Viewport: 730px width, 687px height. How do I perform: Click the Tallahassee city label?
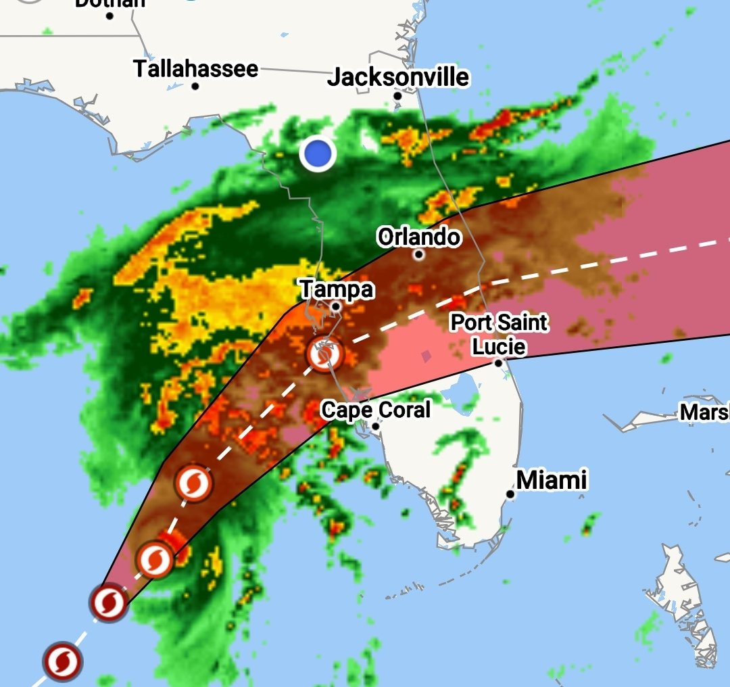tap(195, 68)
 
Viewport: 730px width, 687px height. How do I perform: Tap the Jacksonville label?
tap(397, 77)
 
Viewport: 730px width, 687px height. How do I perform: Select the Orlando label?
tap(419, 237)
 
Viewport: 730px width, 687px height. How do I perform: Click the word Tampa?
tap(337, 289)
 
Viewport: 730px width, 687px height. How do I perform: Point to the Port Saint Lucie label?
tap(500, 334)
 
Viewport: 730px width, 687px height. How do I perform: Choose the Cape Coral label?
tap(375, 409)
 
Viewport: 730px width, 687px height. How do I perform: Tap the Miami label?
tap(552, 480)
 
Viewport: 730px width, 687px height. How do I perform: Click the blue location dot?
tap(318, 153)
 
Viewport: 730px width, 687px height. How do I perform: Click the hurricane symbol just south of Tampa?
tap(324, 354)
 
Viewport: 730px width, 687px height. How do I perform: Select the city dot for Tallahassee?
tap(195, 86)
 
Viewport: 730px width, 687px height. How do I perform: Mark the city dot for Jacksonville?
tap(397, 96)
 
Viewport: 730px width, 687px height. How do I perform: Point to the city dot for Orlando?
tap(419, 255)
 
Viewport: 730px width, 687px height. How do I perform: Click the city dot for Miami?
tap(510, 494)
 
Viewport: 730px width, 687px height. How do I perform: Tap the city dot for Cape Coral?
tap(376, 426)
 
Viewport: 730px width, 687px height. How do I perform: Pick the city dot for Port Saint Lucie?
tap(498, 363)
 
